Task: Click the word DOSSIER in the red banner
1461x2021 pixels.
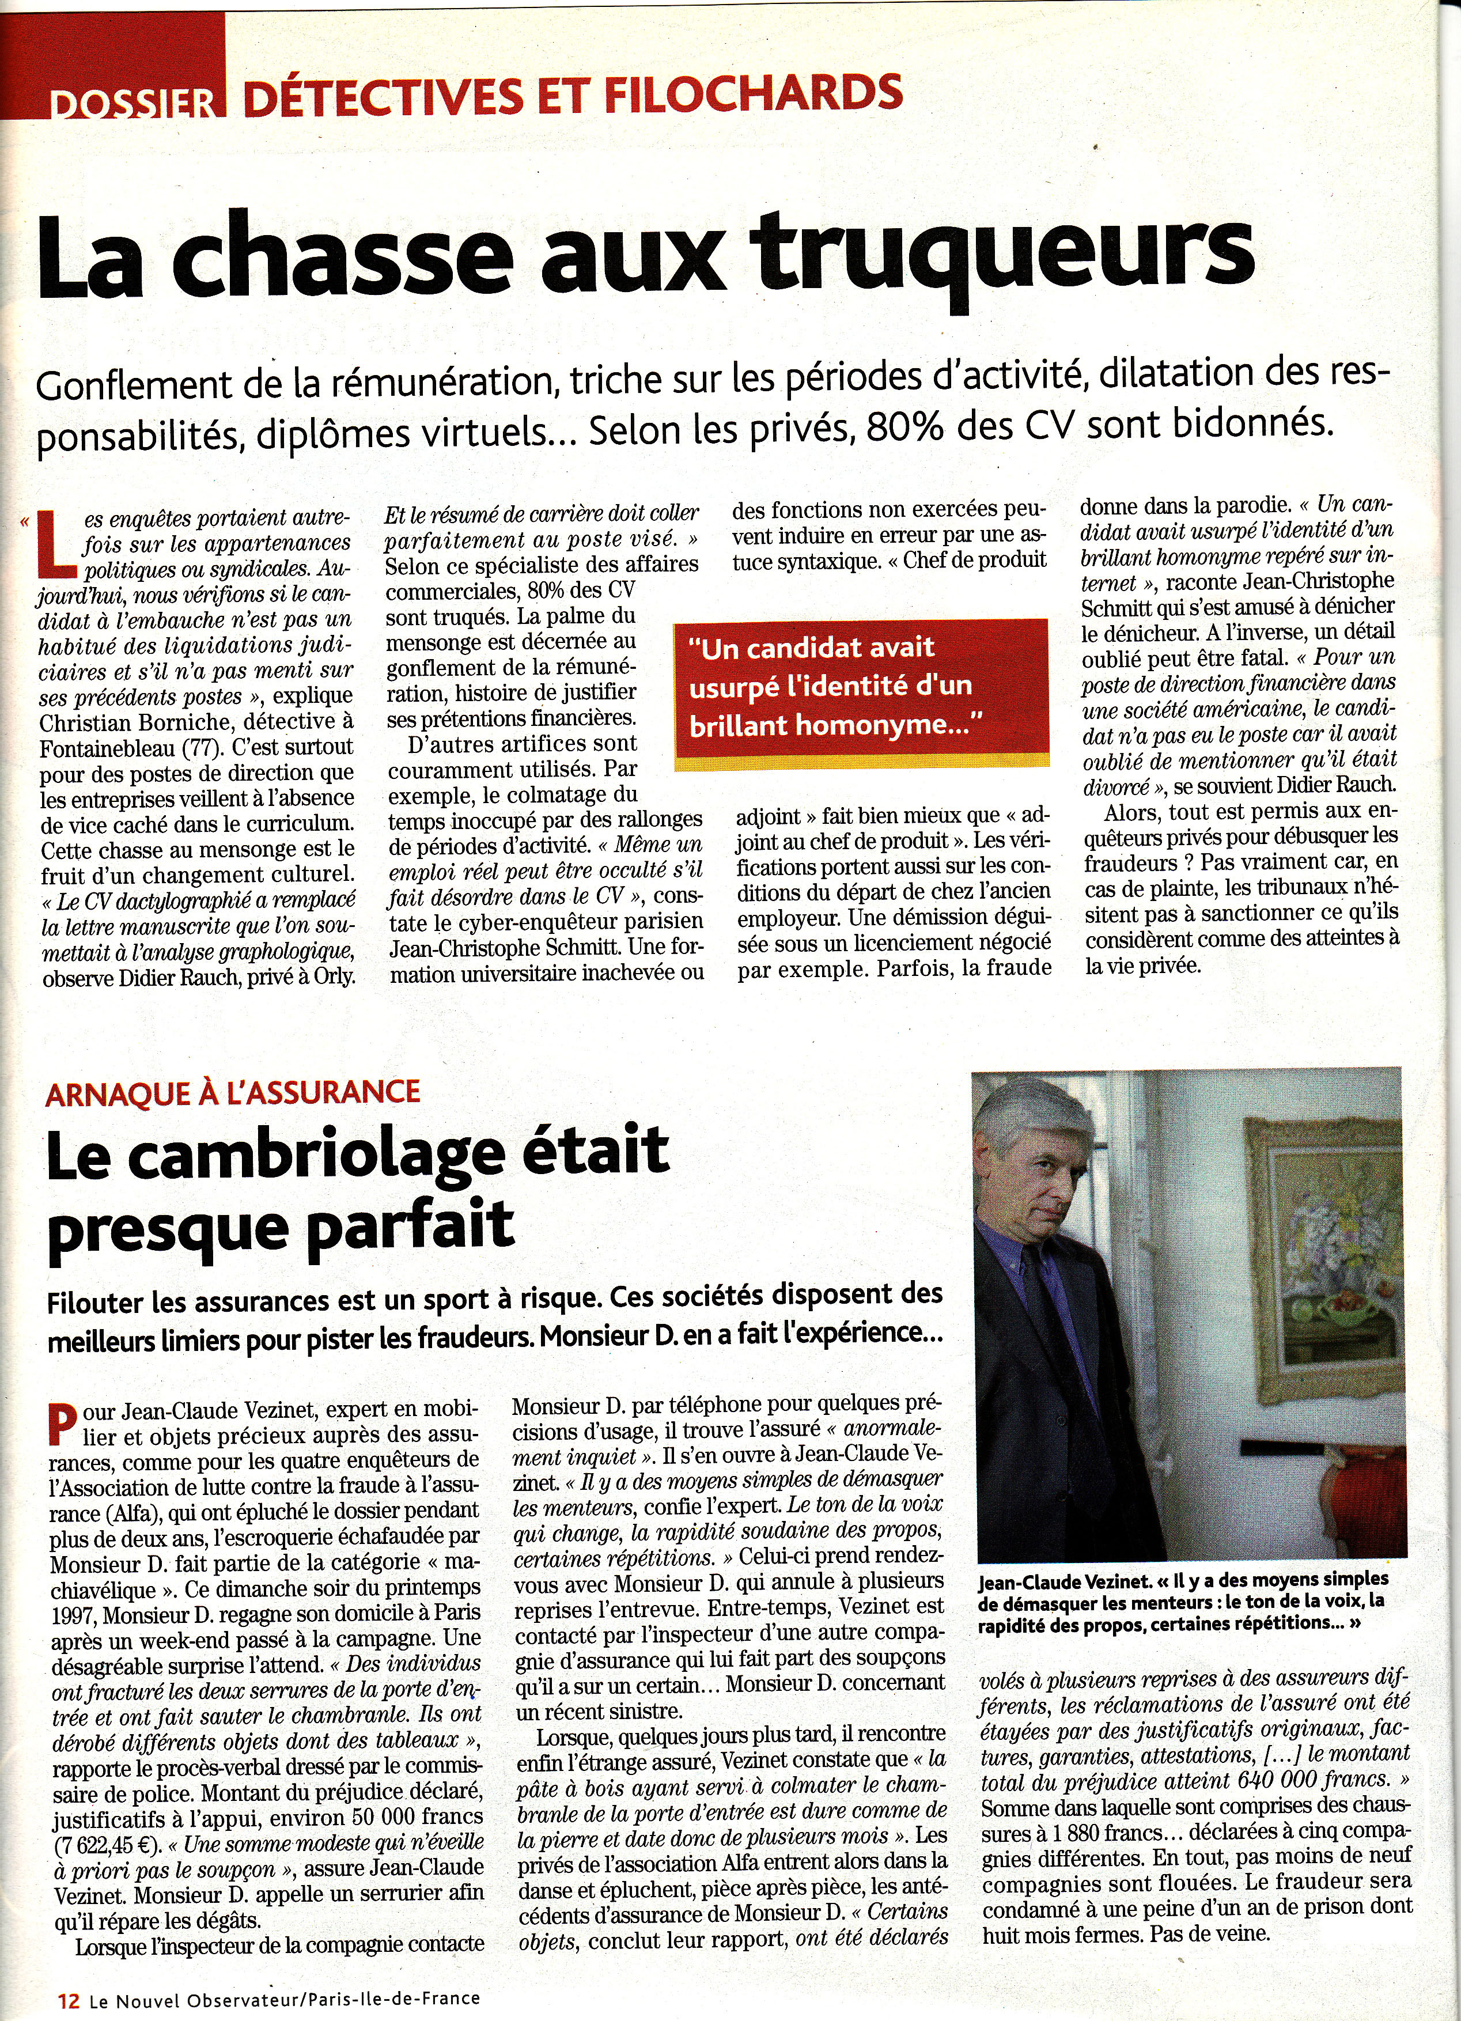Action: [x=134, y=103]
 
